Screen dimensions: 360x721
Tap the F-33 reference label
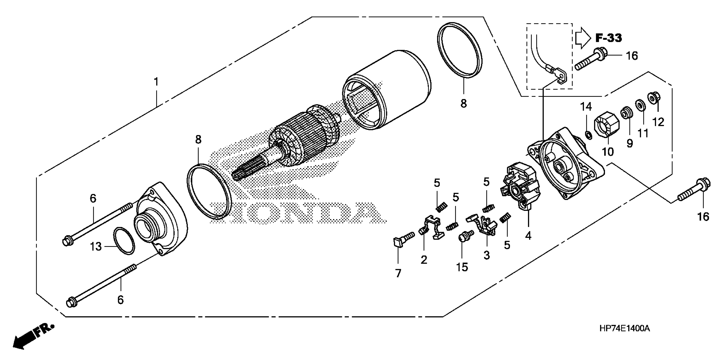tap(608, 38)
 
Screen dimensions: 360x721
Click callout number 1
tap(156, 82)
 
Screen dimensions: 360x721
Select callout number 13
tap(96, 247)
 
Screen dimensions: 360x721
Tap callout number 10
tap(608, 152)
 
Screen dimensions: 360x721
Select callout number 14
tap(586, 107)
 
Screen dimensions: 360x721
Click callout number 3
tap(486, 255)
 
